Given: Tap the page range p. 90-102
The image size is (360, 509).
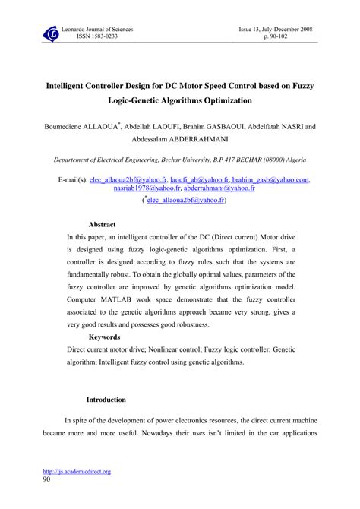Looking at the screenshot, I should tap(294, 36).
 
